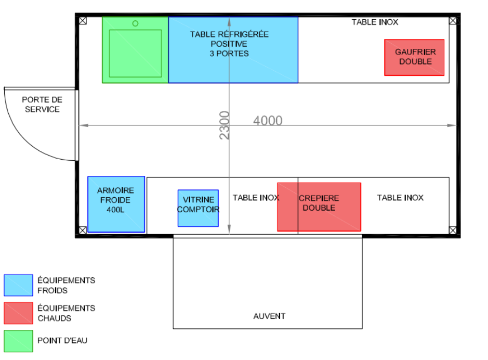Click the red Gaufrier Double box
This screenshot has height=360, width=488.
414,57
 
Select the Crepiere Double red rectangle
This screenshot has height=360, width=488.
319,207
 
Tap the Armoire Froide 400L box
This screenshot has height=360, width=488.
116,204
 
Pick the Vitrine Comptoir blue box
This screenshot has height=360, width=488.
198,208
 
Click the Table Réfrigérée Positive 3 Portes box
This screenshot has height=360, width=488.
233,49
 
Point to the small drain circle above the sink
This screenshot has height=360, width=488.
135,23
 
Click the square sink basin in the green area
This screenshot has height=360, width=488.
135,53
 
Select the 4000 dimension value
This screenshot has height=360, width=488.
268,121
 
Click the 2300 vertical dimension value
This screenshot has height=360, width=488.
225,125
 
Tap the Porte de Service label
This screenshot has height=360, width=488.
42,104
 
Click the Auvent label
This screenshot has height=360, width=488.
269,316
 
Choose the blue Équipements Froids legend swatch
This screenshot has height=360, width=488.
18,285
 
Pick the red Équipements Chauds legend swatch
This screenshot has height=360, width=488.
18,313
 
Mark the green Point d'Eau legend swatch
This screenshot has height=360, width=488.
18,341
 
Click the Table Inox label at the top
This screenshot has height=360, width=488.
375,22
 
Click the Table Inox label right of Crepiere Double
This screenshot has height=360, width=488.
400,198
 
